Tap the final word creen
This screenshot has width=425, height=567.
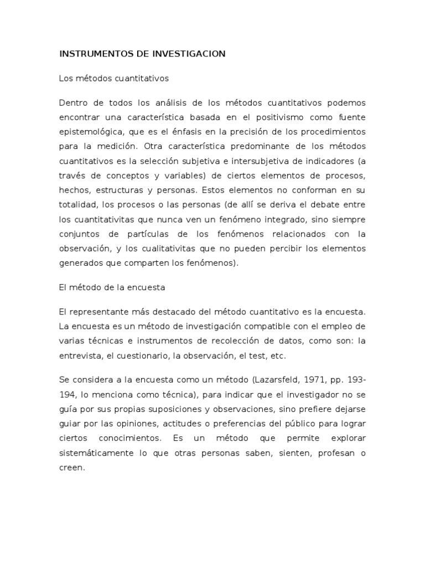click(x=72, y=467)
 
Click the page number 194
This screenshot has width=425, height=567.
click(x=67, y=395)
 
